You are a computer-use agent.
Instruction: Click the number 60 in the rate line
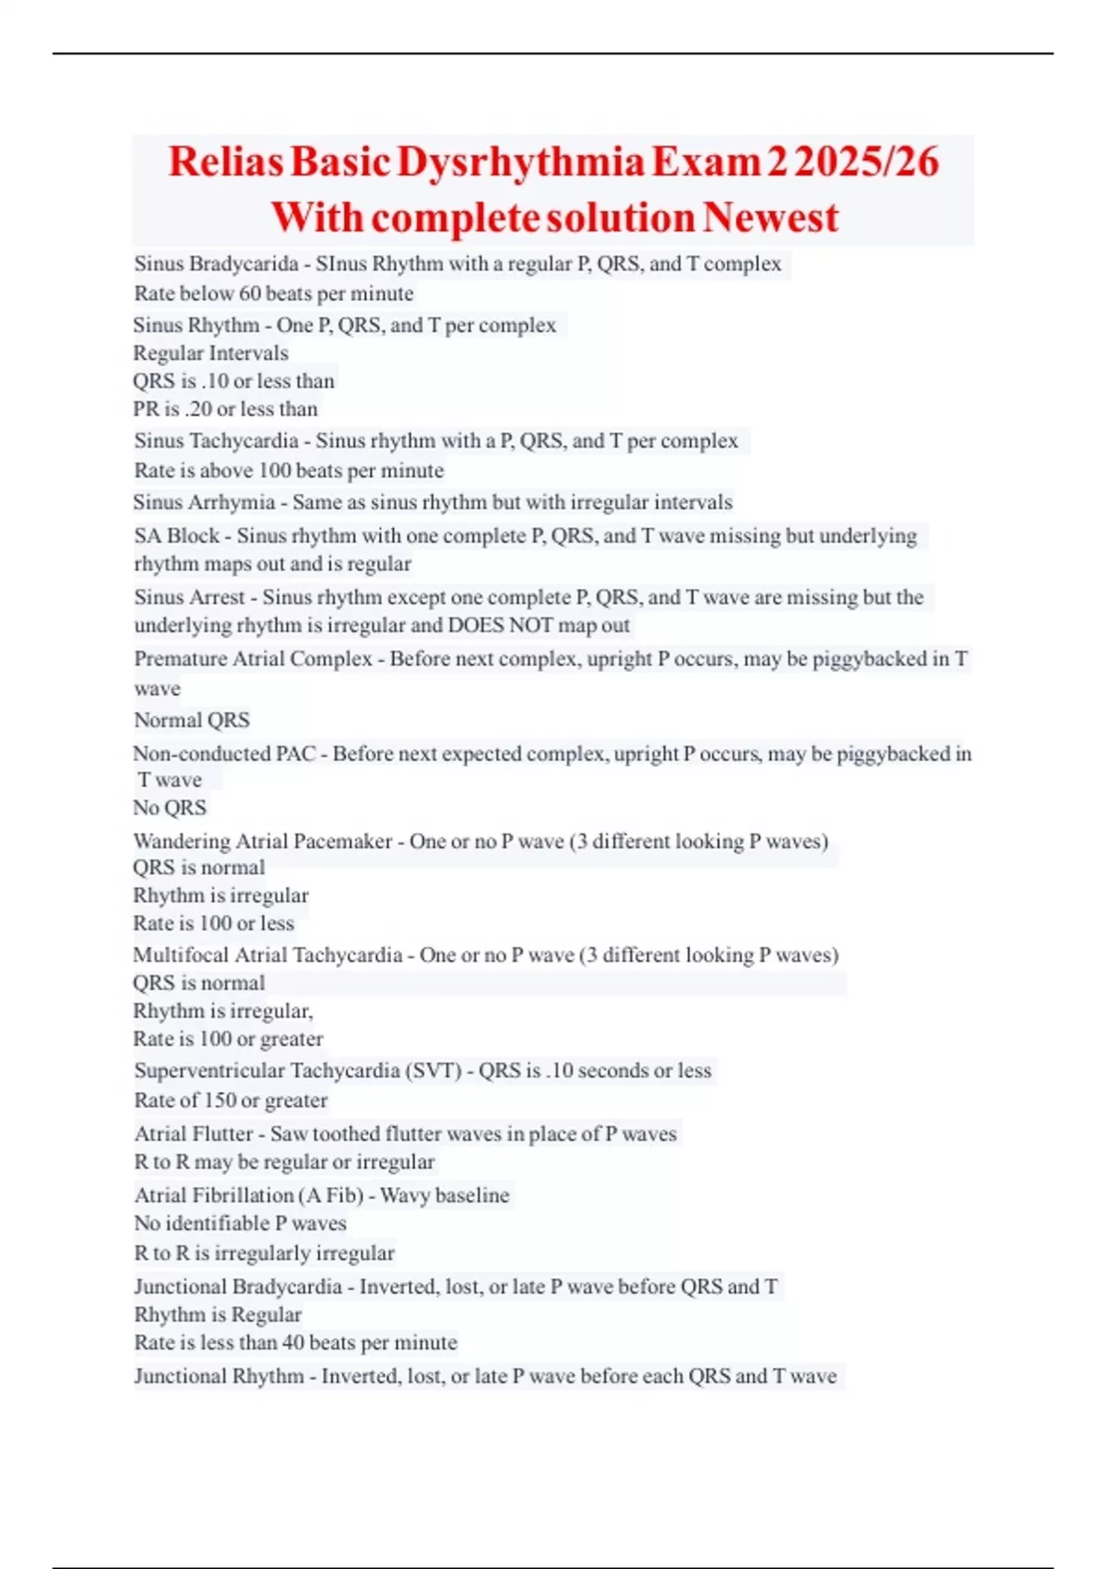point(250,293)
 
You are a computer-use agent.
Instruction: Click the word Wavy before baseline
point(404,1195)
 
